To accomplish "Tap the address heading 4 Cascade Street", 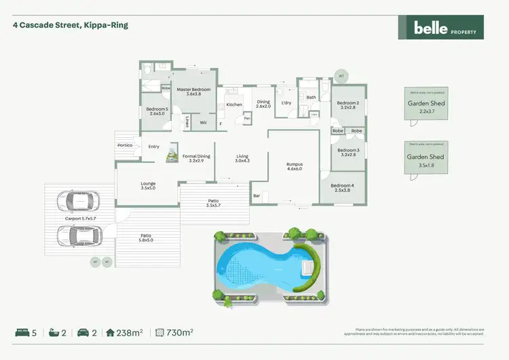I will pos(71,25).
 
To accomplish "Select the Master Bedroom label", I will pos(194,92).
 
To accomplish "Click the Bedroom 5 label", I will pos(156,111).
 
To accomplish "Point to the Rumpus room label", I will pos(294,167).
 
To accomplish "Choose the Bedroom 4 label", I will pos(343,188).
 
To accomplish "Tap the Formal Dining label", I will pos(196,159).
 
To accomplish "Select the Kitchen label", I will pos(233,105).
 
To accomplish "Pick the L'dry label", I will pos(286,103).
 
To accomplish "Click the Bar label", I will pos(257,196).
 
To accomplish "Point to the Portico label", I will pos(124,145).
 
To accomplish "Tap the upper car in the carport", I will pos(78,201).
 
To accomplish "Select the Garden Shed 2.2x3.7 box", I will pos(426,107).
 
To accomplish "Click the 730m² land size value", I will pos(180,333).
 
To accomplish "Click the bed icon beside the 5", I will pos(22,333).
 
